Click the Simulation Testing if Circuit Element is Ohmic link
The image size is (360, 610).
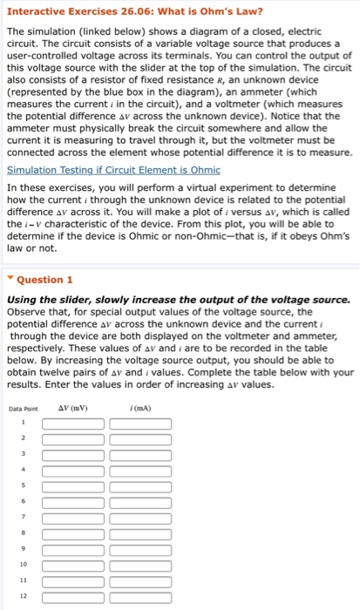pyautogui.click(x=100, y=170)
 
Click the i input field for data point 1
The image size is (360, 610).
pyautogui.click(x=140, y=424)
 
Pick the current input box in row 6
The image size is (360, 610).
pyautogui.click(x=140, y=502)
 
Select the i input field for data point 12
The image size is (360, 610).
pyautogui.click(x=140, y=596)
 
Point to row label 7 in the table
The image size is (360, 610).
pyautogui.click(x=24, y=518)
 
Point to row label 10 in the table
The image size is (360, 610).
pyautogui.click(x=24, y=565)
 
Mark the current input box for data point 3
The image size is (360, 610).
pyautogui.click(x=140, y=455)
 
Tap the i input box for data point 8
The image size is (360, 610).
pyautogui.click(x=140, y=533)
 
